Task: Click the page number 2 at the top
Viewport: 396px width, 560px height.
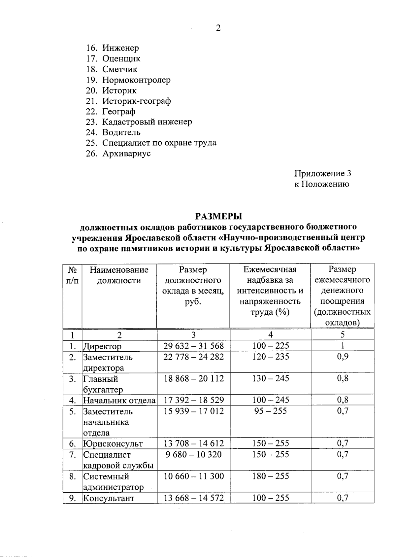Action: pyautogui.click(x=218, y=28)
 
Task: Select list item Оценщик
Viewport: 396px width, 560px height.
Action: pyautogui.click(x=121, y=59)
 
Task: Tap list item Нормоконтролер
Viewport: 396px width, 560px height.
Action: pyautogui.click(x=136, y=80)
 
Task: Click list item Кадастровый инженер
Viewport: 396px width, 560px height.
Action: pyautogui.click(x=147, y=122)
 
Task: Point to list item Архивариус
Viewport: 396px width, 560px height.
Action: pyautogui.click(x=126, y=154)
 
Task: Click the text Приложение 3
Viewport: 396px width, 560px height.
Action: pyautogui.click(x=322, y=173)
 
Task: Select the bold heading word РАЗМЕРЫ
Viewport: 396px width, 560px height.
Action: pyautogui.click(x=218, y=216)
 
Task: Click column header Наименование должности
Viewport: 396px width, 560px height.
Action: pyautogui.click(x=119, y=275)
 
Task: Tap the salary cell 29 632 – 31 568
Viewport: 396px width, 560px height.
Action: pyautogui.click(x=193, y=346)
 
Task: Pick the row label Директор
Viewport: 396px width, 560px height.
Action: pyautogui.click(x=102, y=346)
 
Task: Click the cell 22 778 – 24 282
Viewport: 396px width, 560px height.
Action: pyautogui.click(x=193, y=357)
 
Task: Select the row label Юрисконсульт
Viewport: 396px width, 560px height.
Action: pyautogui.click(x=113, y=443)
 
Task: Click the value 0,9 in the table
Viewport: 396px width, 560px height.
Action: pyautogui.click(x=343, y=357)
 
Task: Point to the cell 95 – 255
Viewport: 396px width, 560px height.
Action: pyautogui.click(x=270, y=411)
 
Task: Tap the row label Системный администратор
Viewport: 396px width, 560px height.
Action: pyautogui.click(x=113, y=481)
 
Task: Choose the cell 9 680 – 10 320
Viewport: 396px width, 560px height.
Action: pyautogui.click(x=193, y=454)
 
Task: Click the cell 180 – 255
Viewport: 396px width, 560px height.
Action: pyautogui.click(x=270, y=476)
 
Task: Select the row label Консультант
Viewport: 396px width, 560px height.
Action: pyautogui.click(x=109, y=498)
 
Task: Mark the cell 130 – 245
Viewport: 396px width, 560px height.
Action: pyautogui.click(x=270, y=378)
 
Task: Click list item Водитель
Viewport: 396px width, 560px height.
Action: pyautogui.click(x=121, y=132)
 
